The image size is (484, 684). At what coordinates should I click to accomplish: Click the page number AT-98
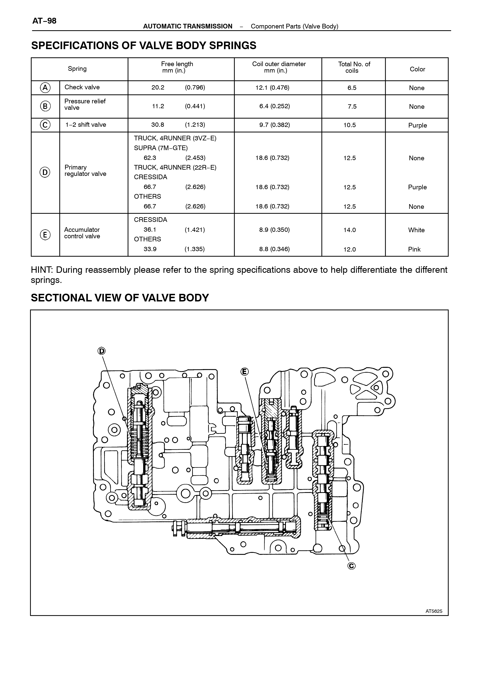(44, 21)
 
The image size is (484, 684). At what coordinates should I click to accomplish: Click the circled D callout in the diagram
(102, 351)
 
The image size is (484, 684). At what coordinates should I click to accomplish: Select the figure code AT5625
(434, 611)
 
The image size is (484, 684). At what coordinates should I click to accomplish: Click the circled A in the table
(45, 88)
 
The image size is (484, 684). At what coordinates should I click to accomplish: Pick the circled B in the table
(45, 106)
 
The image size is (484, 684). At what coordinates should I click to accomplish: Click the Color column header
(417, 69)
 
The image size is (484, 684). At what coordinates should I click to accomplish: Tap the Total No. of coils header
(354, 67)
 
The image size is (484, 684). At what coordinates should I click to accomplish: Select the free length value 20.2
(158, 88)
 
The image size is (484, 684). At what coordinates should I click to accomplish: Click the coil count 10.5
(350, 125)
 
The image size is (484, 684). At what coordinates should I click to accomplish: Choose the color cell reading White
(416, 230)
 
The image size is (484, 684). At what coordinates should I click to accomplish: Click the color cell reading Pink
(414, 249)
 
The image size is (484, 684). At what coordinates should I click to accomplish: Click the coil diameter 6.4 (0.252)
(274, 106)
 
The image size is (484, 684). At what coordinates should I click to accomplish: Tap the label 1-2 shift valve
(86, 125)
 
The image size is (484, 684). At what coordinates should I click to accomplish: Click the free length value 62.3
(150, 158)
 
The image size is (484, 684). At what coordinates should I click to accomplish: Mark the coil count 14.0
(350, 230)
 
